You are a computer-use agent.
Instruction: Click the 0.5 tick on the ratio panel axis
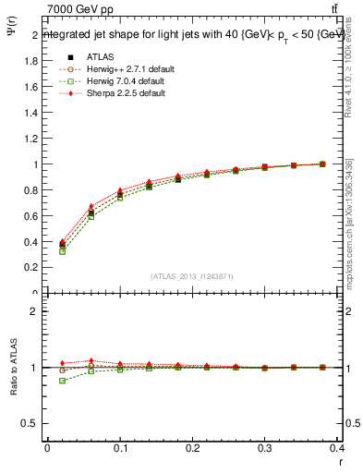(x=35, y=423)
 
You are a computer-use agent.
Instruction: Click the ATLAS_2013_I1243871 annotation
(x=192, y=276)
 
